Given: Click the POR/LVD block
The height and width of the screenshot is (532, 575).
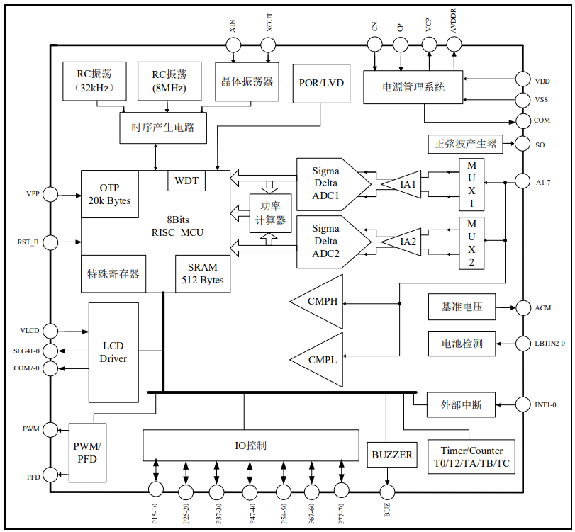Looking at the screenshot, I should click(x=322, y=84).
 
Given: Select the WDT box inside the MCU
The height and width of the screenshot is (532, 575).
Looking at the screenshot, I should click(x=186, y=181).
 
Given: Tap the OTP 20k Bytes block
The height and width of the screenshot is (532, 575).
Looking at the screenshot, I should click(x=110, y=194).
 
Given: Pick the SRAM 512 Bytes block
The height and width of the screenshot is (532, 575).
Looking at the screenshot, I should click(x=203, y=273).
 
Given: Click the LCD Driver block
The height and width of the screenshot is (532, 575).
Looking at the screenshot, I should click(x=113, y=352).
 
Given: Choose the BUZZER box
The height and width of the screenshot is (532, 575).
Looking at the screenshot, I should click(x=392, y=455).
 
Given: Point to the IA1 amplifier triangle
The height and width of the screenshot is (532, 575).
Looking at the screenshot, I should click(x=406, y=184).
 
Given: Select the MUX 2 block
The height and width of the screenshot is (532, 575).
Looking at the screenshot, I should click(x=471, y=243).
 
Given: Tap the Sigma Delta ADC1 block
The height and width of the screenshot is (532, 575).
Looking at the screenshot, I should click(x=329, y=183).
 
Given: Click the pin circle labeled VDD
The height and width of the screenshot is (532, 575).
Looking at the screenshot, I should click(x=523, y=79).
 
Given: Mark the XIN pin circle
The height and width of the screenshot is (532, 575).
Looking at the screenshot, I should click(x=234, y=45).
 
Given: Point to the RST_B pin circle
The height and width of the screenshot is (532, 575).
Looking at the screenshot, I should click(x=51, y=242).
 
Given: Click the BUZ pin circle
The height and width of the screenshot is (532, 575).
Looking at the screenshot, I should click(x=387, y=491).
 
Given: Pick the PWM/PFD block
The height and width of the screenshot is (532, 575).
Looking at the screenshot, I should click(x=87, y=453).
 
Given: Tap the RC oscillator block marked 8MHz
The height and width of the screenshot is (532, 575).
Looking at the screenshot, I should click(x=169, y=81).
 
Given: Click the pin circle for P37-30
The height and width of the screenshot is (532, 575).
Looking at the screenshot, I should click(x=218, y=491).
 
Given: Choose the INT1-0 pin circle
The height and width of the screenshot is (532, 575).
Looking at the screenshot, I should click(x=523, y=404).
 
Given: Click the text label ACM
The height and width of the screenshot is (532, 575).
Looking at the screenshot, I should click(x=544, y=308).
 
